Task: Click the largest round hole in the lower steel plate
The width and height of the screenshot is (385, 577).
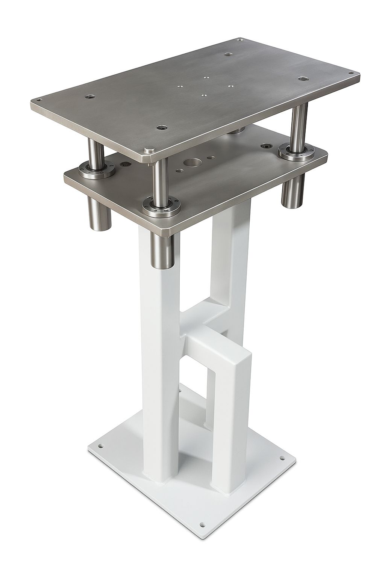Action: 192,163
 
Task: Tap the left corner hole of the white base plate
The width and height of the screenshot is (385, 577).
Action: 101,447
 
